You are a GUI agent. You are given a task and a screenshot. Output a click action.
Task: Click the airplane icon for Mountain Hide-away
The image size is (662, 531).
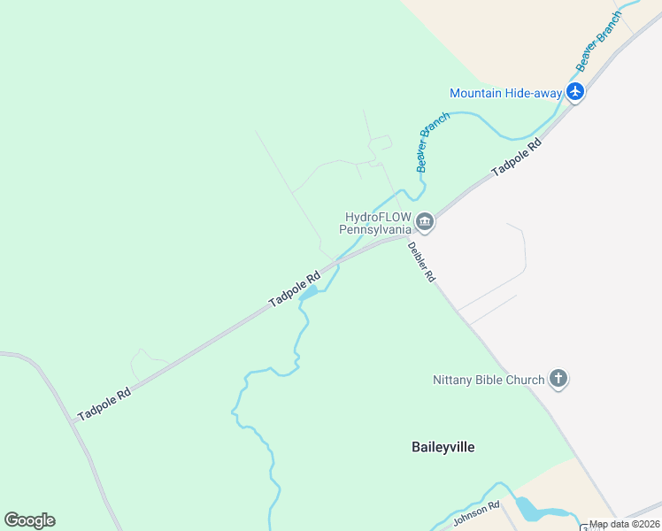click(x=576, y=91)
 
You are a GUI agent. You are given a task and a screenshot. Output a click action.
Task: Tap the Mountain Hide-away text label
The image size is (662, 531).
click(x=505, y=93)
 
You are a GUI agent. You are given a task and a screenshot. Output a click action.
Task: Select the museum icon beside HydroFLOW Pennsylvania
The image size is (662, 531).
click(x=425, y=221)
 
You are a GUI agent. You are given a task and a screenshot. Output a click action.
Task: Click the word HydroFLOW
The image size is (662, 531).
click(x=376, y=216)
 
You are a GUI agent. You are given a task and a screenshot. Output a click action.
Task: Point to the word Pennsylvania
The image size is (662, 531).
click(x=375, y=228)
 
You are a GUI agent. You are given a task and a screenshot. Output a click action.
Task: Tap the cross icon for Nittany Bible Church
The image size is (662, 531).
click(x=558, y=379)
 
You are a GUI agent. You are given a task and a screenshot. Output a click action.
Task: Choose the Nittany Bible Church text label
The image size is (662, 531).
click(x=489, y=381)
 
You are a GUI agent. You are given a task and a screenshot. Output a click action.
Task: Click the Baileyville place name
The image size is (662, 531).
click(x=443, y=447)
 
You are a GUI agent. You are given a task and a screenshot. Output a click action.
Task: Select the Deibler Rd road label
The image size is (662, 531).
click(x=422, y=262)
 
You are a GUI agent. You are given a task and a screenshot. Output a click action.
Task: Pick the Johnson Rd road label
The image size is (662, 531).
click(x=477, y=513)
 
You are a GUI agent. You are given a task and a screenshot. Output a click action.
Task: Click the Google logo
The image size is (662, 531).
click(x=29, y=520)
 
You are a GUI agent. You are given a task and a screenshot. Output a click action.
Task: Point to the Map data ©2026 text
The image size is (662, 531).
click(x=625, y=524)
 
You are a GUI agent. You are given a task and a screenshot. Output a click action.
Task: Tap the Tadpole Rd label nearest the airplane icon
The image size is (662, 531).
click(x=516, y=156)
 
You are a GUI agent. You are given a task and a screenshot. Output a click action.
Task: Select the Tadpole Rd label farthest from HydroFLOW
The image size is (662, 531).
click(x=104, y=403)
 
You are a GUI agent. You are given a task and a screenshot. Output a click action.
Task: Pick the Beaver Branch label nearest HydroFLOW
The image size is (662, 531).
click(x=434, y=141)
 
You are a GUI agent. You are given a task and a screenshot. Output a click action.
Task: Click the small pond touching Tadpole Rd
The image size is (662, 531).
click(x=309, y=292)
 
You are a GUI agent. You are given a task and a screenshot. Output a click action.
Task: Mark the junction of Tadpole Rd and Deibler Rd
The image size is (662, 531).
click(x=408, y=237)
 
